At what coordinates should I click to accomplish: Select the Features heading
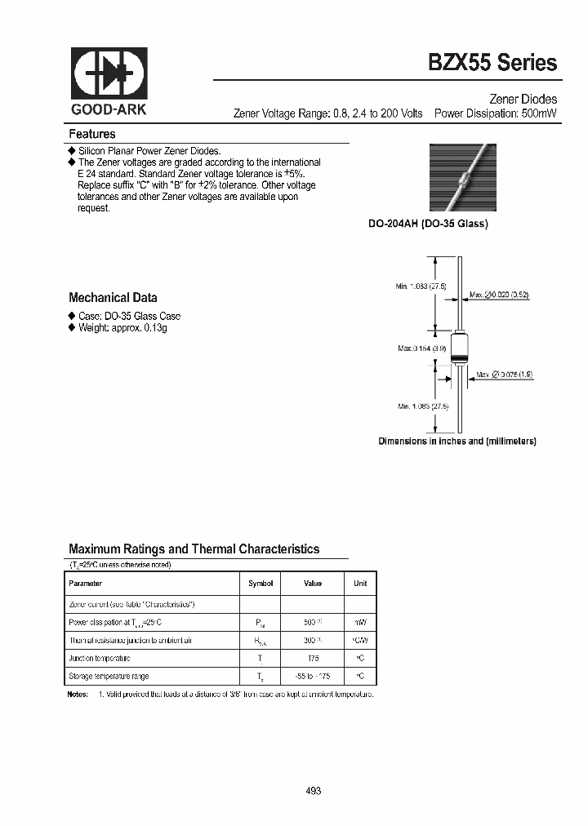(x=92, y=134)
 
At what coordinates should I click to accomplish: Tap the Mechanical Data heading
(x=113, y=298)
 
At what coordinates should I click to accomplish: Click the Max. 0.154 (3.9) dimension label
(x=422, y=349)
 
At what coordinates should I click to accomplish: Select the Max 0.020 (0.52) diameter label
(x=499, y=295)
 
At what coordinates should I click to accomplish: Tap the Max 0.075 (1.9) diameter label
(x=505, y=374)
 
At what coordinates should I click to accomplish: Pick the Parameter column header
(x=86, y=584)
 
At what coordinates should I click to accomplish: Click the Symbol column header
(x=261, y=584)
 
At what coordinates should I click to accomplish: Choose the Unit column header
(x=360, y=584)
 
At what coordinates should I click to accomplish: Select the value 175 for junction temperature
(x=312, y=658)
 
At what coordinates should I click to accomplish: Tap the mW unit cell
(x=360, y=622)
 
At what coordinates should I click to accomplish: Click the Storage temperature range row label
(x=109, y=676)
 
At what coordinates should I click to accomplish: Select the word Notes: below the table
(x=78, y=694)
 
